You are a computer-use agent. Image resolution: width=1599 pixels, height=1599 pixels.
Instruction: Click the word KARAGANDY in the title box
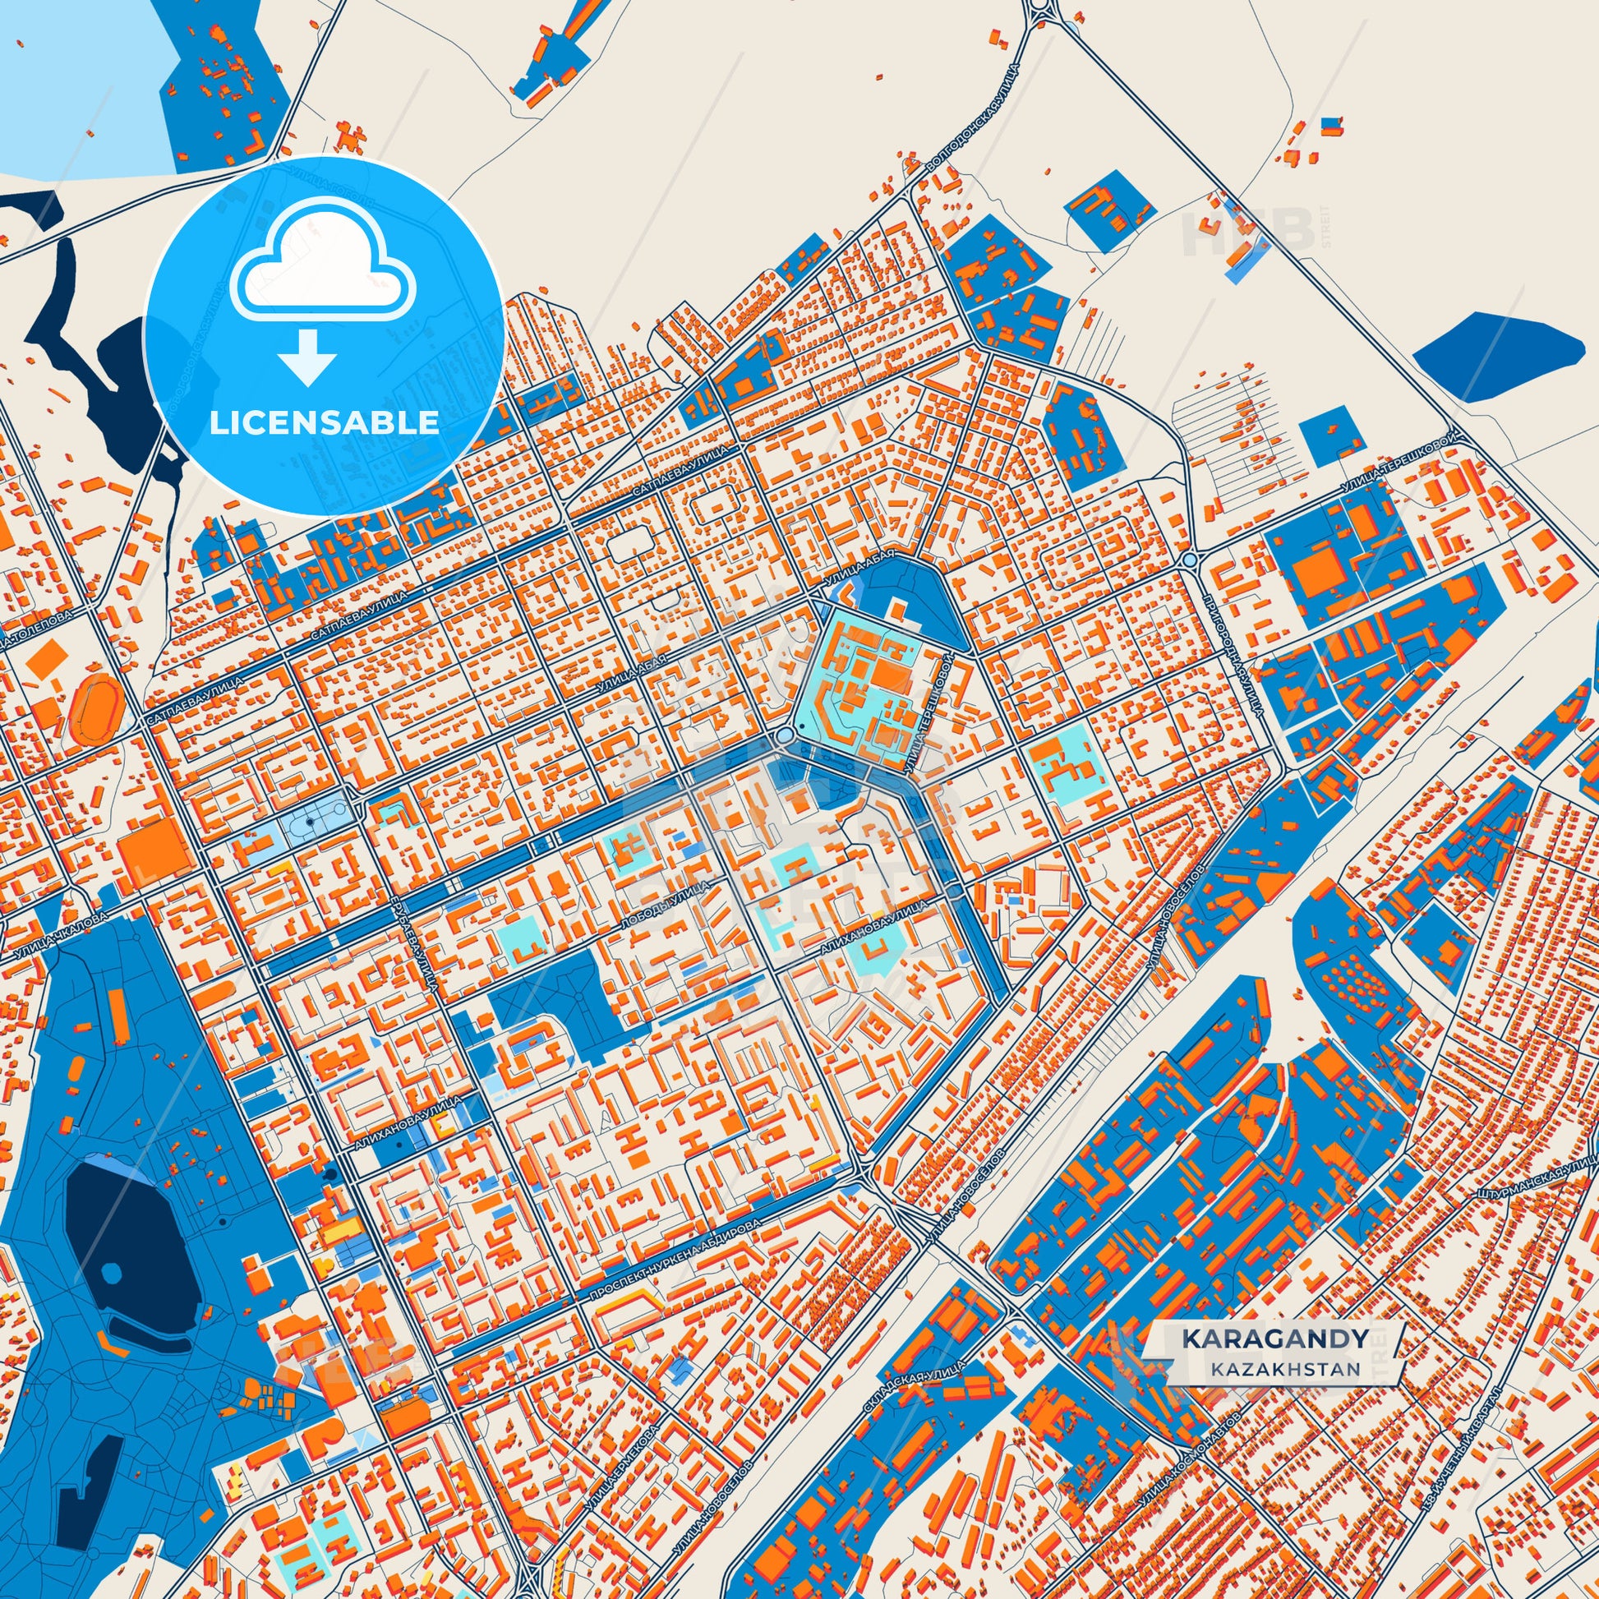[x=1274, y=1339]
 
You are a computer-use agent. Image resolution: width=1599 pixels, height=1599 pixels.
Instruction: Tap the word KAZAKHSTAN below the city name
[x=1283, y=1369]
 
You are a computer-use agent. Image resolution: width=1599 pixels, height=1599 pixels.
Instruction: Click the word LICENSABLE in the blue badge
[x=324, y=423]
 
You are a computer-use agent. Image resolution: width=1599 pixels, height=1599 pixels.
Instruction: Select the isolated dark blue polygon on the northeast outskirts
[x=1498, y=357]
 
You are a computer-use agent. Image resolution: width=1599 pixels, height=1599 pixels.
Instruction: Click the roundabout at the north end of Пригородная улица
[x=1190, y=560]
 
